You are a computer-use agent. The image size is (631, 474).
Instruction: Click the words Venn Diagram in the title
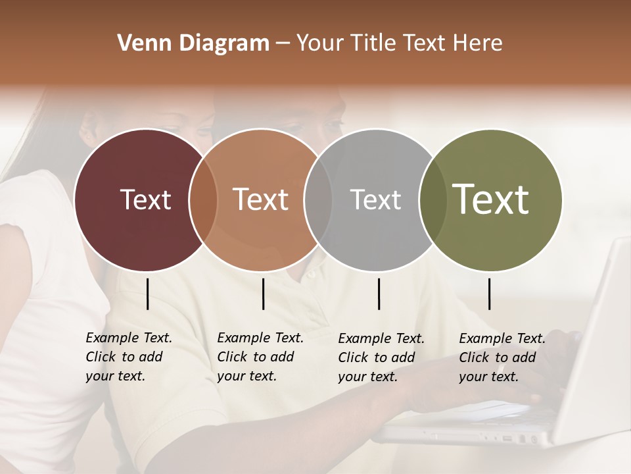(x=193, y=43)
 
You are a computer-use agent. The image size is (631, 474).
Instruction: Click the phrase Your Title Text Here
(x=399, y=43)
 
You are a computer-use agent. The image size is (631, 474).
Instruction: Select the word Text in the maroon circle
(x=145, y=200)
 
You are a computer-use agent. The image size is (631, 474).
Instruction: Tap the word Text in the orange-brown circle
(x=261, y=200)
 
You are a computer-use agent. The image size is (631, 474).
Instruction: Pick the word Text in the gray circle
(x=375, y=200)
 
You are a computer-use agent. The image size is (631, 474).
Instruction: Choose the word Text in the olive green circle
(x=491, y=199)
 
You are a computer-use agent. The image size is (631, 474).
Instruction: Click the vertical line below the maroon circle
(x=147, y=294)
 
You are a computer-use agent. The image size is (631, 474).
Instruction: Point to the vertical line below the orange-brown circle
(x=263, y=294)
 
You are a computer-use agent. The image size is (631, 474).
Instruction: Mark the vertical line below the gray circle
(x=379, y=294)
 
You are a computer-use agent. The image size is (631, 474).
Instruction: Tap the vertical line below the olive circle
(x=489, y=294)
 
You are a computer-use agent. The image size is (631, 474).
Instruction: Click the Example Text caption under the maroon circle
(x=129, y=357)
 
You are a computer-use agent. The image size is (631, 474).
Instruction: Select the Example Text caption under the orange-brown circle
(x=260, y=357)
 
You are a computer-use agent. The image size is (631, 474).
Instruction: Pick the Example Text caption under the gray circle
(x=381, y=357)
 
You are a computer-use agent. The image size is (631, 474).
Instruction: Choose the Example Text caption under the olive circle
(x=502, y=357)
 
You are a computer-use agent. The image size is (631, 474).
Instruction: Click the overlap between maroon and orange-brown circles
(x=203, y=200)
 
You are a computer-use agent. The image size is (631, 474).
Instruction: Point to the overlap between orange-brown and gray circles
(x=317, y=200)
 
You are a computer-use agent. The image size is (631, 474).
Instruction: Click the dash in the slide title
(x=283, y=44)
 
